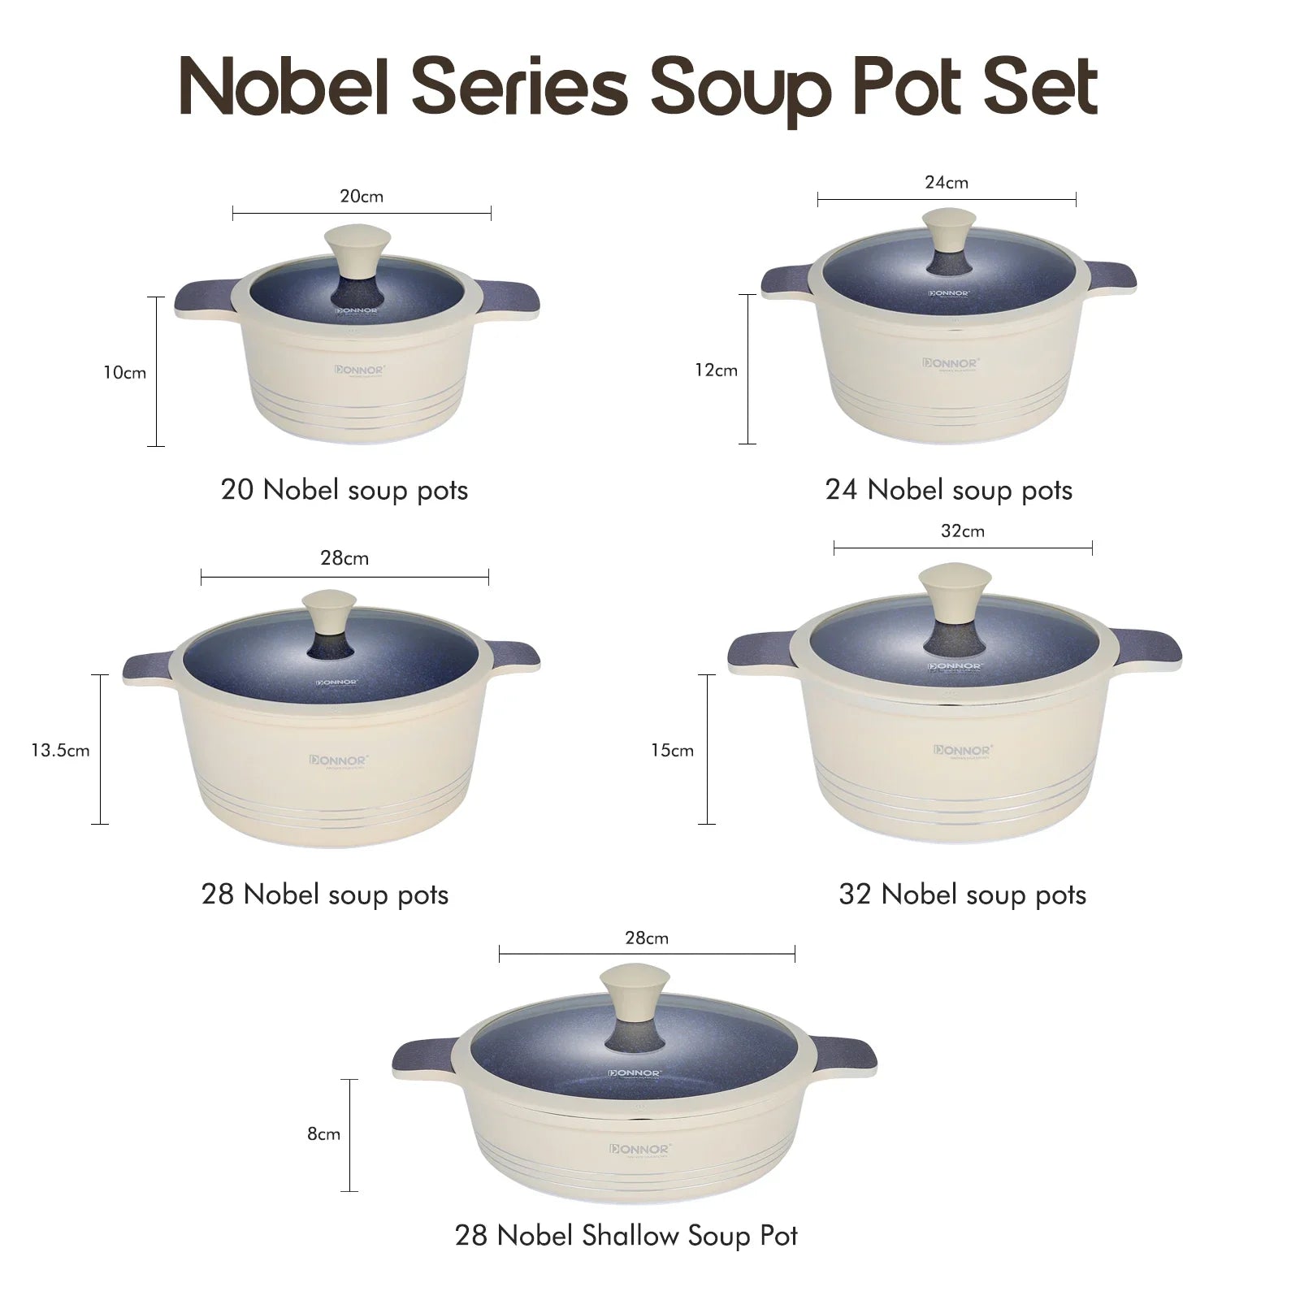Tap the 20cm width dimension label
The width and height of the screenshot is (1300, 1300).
pos(362,197)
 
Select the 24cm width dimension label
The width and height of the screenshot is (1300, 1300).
pos(947,183)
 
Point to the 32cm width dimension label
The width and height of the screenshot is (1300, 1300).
pos(963,531)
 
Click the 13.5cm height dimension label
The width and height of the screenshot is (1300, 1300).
pos(61,750)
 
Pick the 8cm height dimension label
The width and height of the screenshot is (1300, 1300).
pos(323,1134)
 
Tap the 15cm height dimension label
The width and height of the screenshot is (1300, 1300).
pos(672,751)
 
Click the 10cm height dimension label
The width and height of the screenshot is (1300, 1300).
pos(124,373)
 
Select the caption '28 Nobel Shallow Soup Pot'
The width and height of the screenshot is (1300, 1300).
pos(626,1236)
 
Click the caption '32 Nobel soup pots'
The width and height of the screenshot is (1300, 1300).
pos(962,895)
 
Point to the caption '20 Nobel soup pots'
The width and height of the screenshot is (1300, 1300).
pos(344,491)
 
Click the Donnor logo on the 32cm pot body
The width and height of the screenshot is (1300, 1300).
pos(963,751)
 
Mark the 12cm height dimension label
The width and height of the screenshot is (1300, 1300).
pos(716,370)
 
